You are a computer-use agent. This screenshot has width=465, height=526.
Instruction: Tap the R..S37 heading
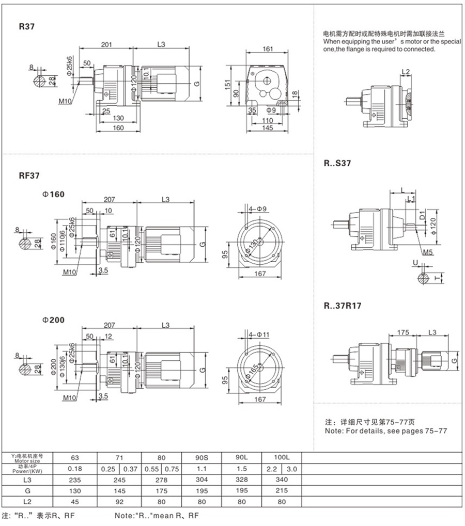click(338, 164)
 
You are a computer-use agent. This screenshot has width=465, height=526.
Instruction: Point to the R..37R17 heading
click(343, 306)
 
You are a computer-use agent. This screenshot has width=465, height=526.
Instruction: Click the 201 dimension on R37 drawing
click(107, 45)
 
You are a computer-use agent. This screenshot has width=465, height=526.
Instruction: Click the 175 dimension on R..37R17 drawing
click(404, 332)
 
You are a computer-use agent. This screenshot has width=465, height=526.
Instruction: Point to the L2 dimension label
click(406, 71)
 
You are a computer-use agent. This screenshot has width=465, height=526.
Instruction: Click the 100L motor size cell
click(281, 457)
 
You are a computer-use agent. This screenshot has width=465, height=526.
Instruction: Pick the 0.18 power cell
click(75, 469)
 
